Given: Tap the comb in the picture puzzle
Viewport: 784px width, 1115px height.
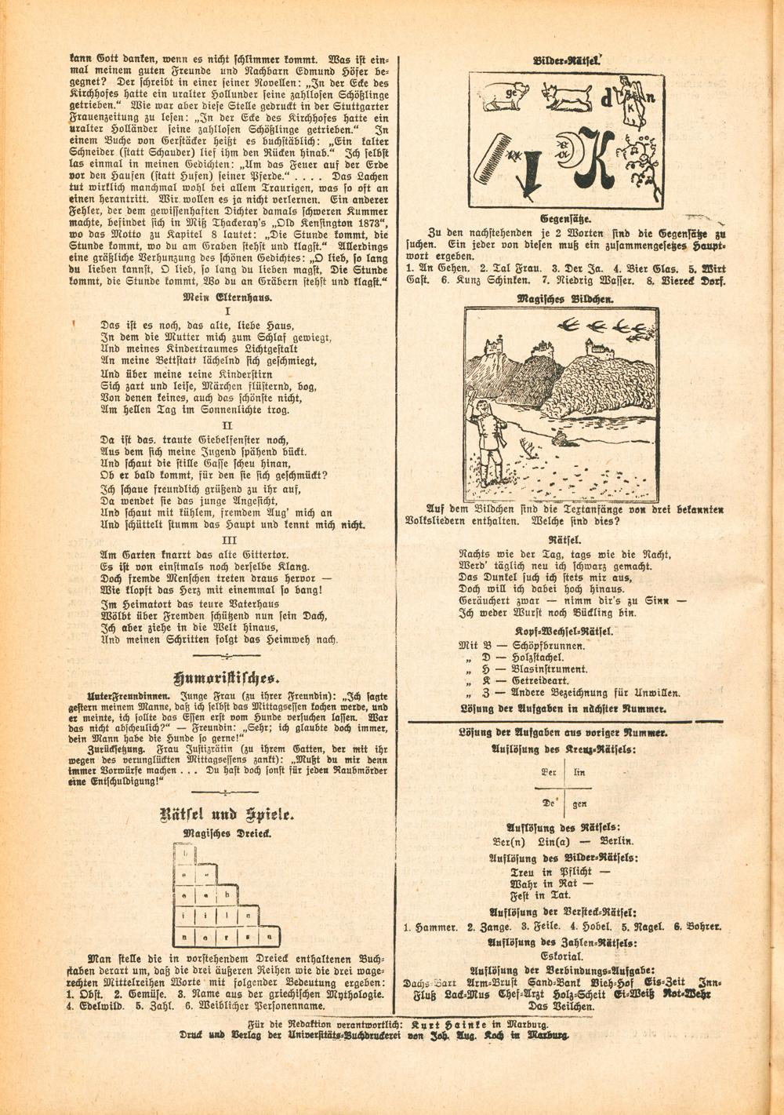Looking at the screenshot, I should coord(492,159).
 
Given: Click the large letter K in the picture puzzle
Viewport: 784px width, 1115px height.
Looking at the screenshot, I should coord(595,157).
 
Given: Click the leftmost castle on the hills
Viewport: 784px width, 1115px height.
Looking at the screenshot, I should coord(493,345).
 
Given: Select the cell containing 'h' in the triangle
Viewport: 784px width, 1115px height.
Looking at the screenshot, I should coord(227,895).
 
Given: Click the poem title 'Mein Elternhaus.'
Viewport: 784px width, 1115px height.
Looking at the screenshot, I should coord(228,297).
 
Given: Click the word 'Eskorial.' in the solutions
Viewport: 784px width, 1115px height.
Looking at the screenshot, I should coord(561,956).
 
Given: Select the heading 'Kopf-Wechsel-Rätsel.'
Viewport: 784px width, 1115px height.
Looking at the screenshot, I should coord(564,631).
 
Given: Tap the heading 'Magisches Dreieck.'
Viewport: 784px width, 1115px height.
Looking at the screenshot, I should coord(227,834).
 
